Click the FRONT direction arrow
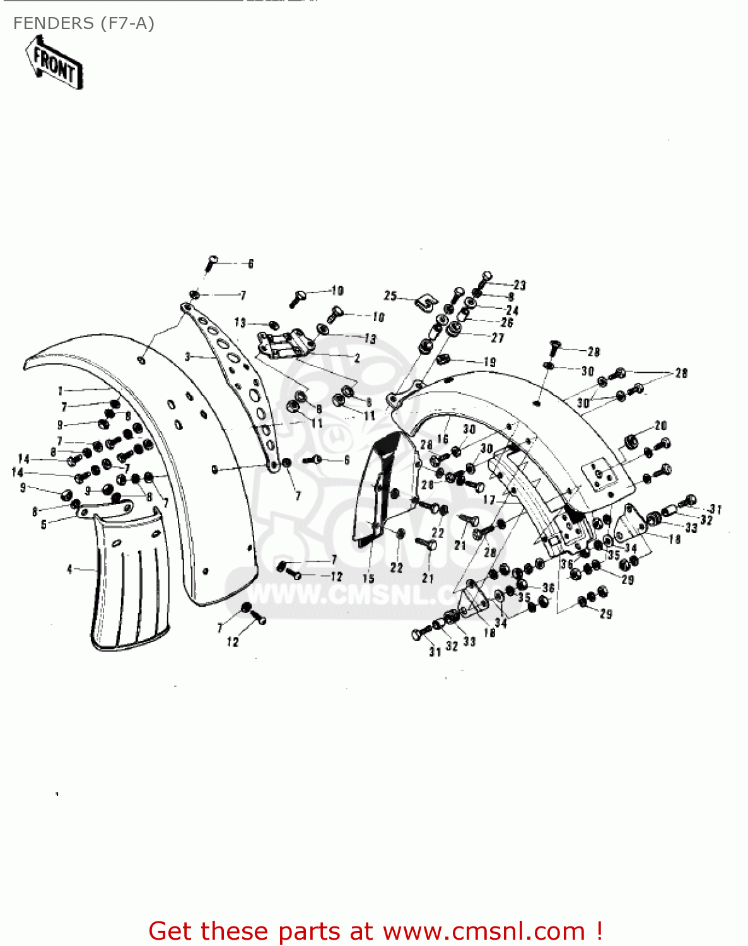[x=55, y=63]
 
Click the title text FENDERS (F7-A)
[x=84, y=23]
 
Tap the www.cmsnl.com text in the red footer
[x=484, y=931]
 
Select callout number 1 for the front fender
[x=61, y=391]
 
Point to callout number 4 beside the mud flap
[x=70, y=569]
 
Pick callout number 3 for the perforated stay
[x=188, y=357]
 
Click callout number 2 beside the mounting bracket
[x=357, y=358]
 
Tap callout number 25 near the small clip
[x=390, y=295]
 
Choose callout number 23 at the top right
[x=519, y=285]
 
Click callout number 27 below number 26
[x=498, y=338]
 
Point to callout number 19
[x=489, y=362]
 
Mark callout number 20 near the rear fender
[x=660, y=426]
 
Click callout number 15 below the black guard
[x=368, y=578]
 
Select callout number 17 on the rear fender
[x=489, y=500]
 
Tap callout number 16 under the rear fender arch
[x=443, y=439]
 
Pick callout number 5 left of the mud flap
[x=44, y=524]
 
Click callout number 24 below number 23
[x=512, y=310]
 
